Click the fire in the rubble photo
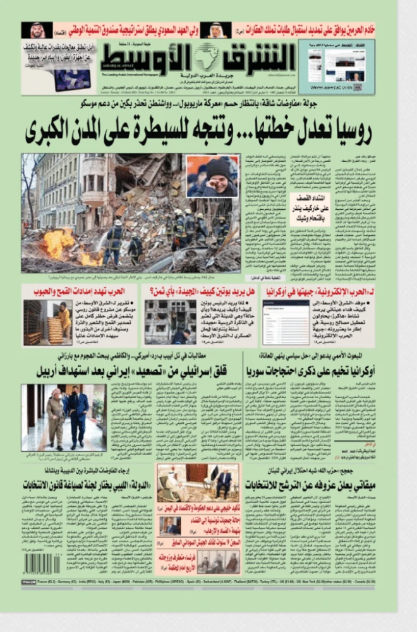(x=60, y=243)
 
